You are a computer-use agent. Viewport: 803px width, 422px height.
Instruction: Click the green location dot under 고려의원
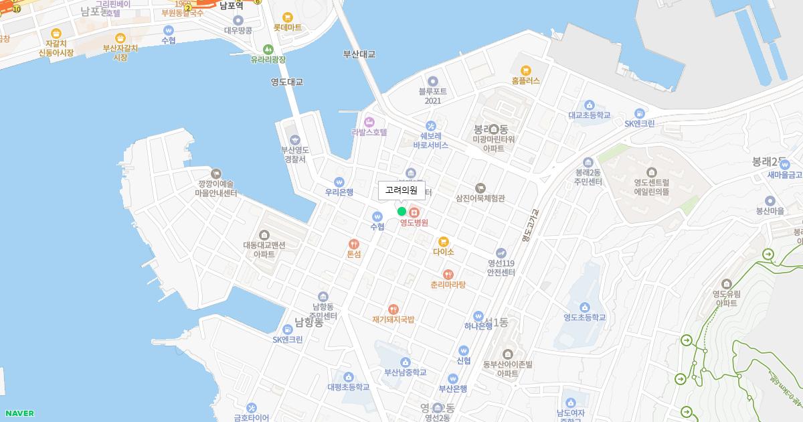point(401,212)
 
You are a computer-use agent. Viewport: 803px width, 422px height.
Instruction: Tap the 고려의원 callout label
point(401,190)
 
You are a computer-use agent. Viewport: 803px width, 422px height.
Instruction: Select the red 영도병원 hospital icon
point(414,212)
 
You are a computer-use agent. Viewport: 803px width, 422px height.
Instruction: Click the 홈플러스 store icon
point(525,70)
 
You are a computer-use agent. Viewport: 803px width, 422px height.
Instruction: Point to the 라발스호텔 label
point(369,132)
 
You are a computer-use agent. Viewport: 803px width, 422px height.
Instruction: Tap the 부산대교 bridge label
point(359,54)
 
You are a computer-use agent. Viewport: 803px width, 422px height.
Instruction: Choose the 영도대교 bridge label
point(287,82)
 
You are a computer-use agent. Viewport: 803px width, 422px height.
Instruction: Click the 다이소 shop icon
point(443,241)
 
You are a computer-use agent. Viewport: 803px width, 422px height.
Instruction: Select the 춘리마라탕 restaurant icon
point(448,274)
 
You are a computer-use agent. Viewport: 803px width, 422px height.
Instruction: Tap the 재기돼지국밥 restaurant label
point(393,320)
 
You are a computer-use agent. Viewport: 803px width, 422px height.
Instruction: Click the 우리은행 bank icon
point(339,181)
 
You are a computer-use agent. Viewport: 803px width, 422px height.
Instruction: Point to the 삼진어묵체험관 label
point(480,198)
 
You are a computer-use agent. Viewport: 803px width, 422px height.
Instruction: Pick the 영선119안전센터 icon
point(501,253)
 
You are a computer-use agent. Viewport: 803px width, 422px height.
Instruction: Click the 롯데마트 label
point(288,27)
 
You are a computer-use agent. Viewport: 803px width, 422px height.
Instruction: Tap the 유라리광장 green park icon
point(268,49)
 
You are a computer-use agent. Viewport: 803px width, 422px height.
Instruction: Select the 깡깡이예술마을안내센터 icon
point(216,173)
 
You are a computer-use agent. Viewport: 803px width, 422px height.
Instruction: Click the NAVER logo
point(19,413)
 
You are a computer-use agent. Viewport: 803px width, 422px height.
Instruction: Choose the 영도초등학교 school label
point(585,318)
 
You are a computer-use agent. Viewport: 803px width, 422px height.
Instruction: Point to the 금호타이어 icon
point(252,407)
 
